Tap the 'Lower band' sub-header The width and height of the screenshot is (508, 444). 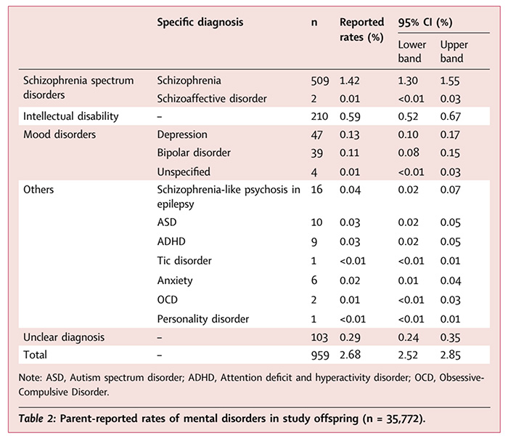click(412, 51)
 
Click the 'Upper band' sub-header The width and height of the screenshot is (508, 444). click(454, 51)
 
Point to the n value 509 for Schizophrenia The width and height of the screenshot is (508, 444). click(319, 80)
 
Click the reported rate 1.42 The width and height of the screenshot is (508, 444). click(351, 80)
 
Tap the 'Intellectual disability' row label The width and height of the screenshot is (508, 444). click(71, 116)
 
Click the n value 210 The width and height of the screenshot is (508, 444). click(319, 116)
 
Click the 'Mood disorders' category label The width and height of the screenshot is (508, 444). click(59, 135)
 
